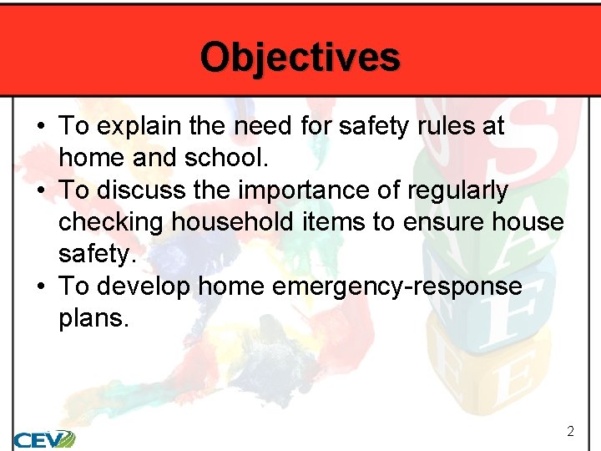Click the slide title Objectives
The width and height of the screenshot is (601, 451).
(x=300, y=57)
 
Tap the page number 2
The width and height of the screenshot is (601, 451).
(x=570, y=432)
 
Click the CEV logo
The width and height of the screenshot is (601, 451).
(x=43, y=438)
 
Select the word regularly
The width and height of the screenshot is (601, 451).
(x=457, y=191)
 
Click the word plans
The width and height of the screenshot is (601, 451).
(x=93, y=319)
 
